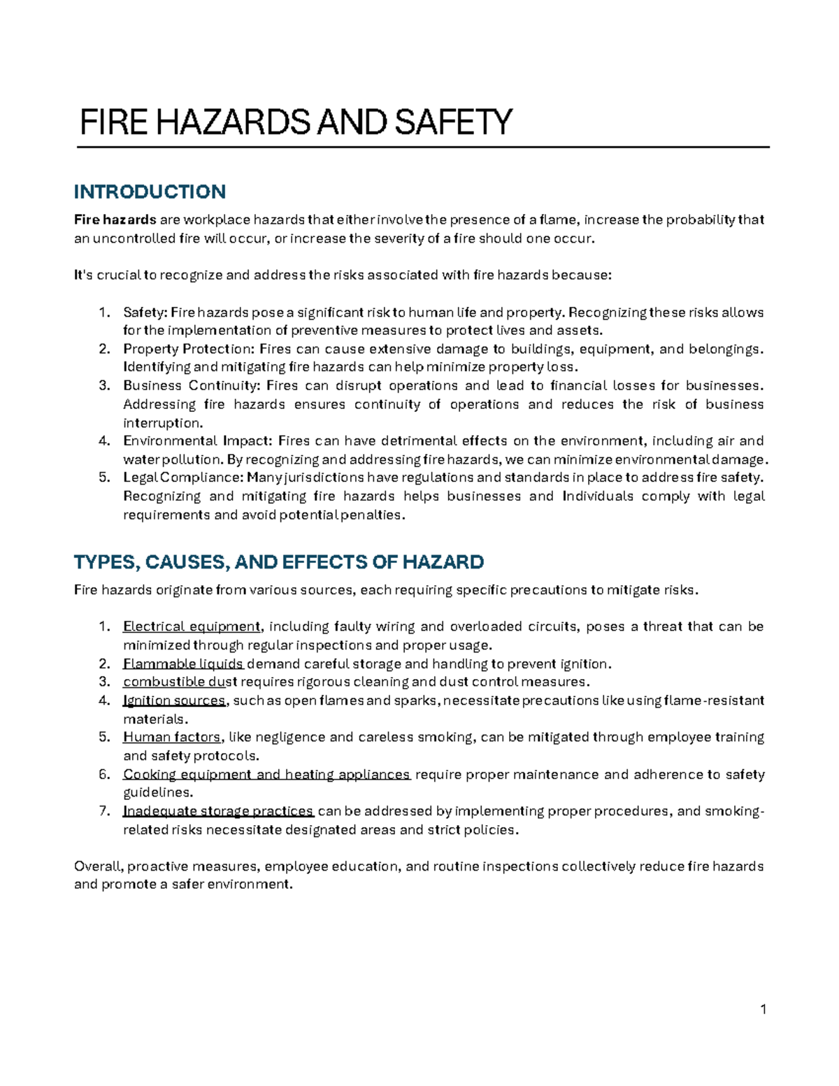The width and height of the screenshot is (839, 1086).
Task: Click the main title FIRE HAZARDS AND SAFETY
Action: [296, 122]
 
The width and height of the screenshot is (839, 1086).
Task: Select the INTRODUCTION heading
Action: [150, 192]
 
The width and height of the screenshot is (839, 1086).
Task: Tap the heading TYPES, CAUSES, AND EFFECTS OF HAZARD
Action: [279, 562]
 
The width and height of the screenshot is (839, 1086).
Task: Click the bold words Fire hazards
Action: [115, 220]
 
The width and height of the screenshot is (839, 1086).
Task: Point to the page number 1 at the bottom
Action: [763, 1009]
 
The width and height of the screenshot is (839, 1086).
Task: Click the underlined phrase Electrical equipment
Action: [192, 627]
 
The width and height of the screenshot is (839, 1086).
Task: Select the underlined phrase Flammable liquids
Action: [183, 664]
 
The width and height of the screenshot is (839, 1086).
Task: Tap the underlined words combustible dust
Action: [180, 682]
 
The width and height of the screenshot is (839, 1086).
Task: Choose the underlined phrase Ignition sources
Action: [174, 701]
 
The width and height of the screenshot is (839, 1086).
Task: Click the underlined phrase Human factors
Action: [172, 737]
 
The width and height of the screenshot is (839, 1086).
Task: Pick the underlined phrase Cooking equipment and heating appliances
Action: [266, 774]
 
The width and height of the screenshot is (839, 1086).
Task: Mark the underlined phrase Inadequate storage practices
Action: [218, 811]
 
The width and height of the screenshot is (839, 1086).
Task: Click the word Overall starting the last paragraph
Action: [98, 866]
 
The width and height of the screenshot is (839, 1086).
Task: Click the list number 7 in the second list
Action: [103, 811]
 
